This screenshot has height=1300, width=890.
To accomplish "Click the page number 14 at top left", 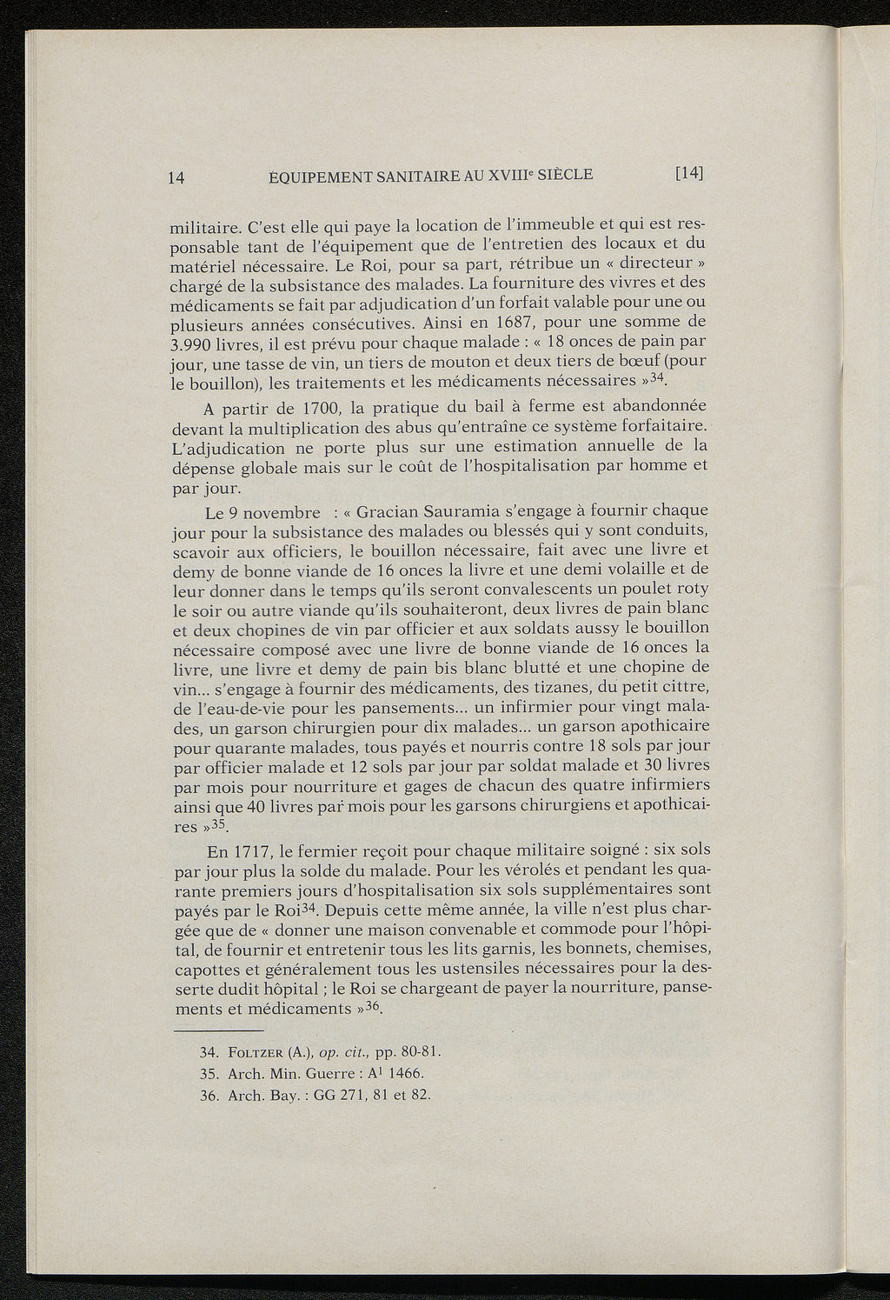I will coord(175,177).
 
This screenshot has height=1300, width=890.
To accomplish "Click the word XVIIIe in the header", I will coord(515,174).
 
